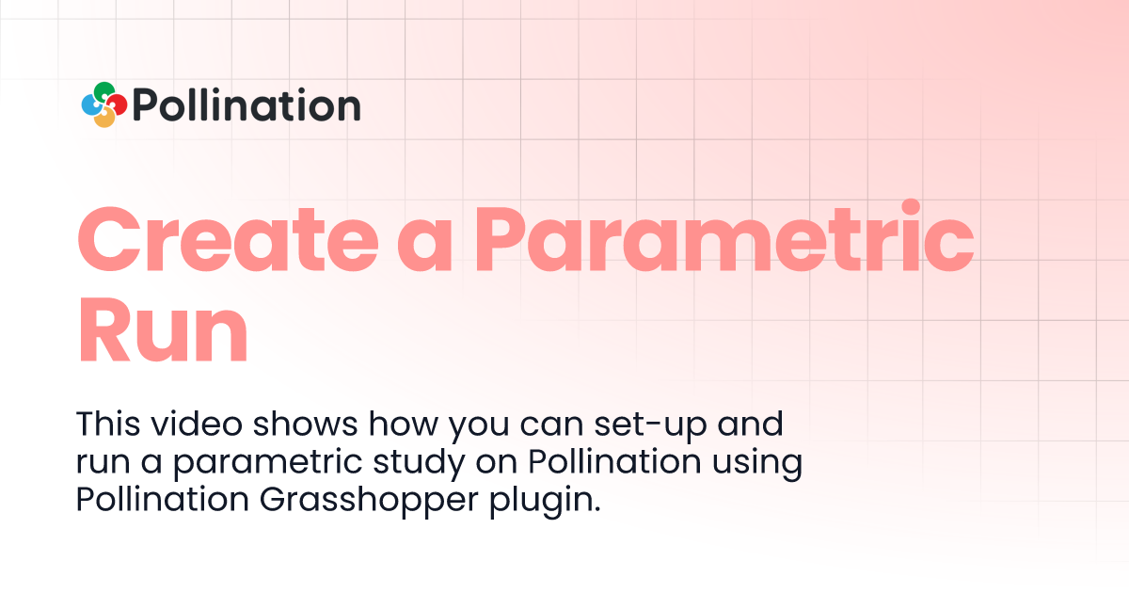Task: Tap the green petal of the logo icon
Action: pyautogui.click(x=103, y=90)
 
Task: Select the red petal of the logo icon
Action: pyautogui.click(x=119, y=104)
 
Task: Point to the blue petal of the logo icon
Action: pyautogui.click(x=90, y=105)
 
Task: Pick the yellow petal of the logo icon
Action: pyautogui.click(x=105, y=119)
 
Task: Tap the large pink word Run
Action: pyautogui.click(x=162, y=329)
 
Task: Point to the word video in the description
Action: pyautogui.click(x=187, y=425)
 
